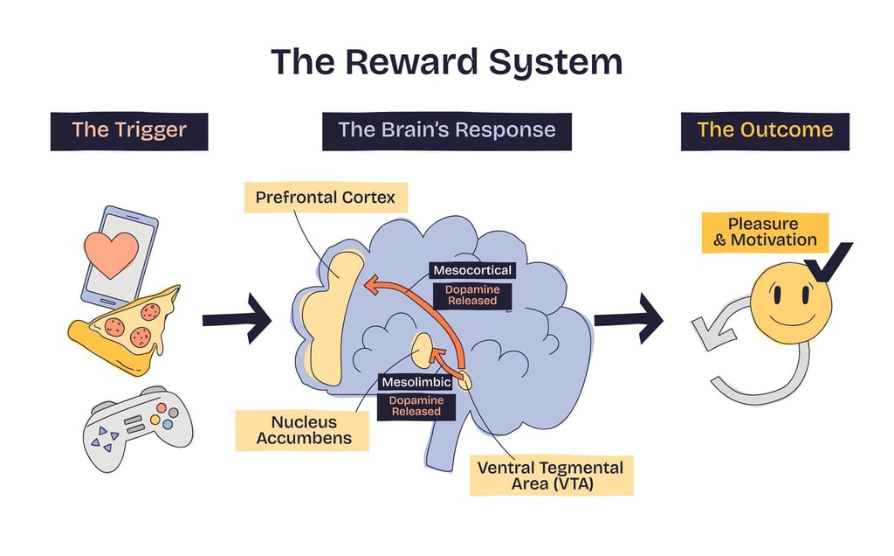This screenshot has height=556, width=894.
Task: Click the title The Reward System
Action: pyautogui.click(x=446, y=63)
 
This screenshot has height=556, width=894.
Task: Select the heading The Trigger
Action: pyautogui.click(x=129, y=131)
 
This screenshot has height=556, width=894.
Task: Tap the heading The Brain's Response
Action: pyautogui.click(x=446, y=131)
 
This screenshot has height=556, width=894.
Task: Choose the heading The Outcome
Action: pyautogui.click(x=765, y=131)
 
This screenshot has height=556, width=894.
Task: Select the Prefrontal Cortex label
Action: pyautogui.click(x=325, y=198)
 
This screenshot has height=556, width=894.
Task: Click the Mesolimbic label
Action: pyautogui.click(x=416, y=382)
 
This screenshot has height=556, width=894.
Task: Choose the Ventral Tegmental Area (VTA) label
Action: pyautogui.click(x=550, y=476)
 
